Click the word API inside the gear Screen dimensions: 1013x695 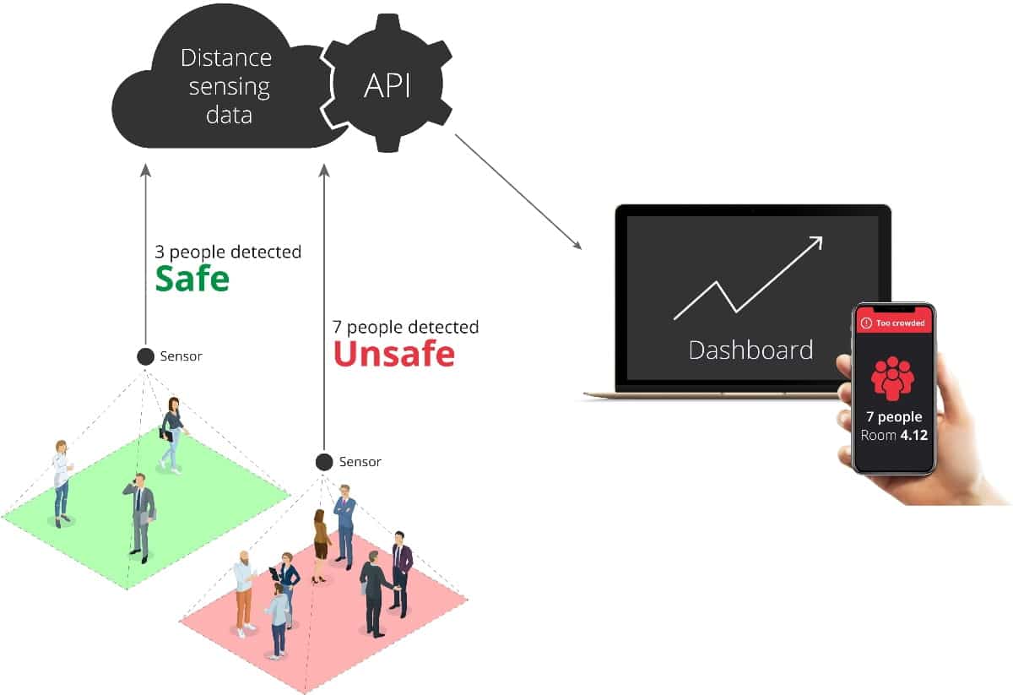pyautogui.click(x=387, y=85)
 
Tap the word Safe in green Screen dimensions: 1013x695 pyautogui.click(x=192, y=279)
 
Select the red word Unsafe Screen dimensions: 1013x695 pyautogui.click(x=394, y=354)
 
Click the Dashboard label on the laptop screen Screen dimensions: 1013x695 pyautogui.click(x=750, y=350)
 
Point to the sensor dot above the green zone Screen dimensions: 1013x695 pyautogui.click(x=145, y=356)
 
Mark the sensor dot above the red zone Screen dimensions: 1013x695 pyautogui.click(x=324, y=462)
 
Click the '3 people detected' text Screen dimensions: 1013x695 pyautogui.click(x=228, y=252)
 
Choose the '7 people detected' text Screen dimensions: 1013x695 pyautogui.click(x=406, y=327)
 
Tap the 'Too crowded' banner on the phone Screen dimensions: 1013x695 pyautogui.click(x=894, y=323)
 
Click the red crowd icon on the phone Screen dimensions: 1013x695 pyautogui.click(x=893, y=378)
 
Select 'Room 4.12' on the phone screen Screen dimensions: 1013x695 pyautogui.click(x=894, y=435)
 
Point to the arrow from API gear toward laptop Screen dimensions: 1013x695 pyautogui.click(x=518, y=192)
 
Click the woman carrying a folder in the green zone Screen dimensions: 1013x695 pyautogui.click(x=172, y=435)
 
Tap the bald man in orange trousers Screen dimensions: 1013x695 pyautogui.click(x=244, y=593)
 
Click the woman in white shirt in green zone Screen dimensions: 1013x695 pyautogui.click(x=61, y=483)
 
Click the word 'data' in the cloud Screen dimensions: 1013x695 pyautogui.click(x=229, y=115)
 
